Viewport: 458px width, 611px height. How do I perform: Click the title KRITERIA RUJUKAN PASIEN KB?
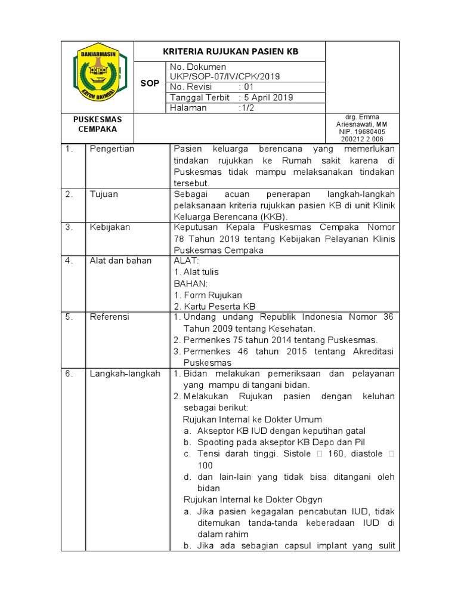point(230,52)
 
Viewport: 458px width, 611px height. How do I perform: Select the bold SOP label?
point(150,84)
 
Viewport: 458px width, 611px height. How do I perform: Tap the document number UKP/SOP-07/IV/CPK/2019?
point(225,76)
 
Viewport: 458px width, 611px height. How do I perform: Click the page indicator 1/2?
point(246,108)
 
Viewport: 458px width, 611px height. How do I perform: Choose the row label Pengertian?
point(112,149)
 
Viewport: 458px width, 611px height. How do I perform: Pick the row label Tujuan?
point(104,194)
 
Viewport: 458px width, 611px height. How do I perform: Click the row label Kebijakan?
point(110,227)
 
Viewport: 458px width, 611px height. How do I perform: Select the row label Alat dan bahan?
point(120,261)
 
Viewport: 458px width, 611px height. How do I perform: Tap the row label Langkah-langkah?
point(125,374)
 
